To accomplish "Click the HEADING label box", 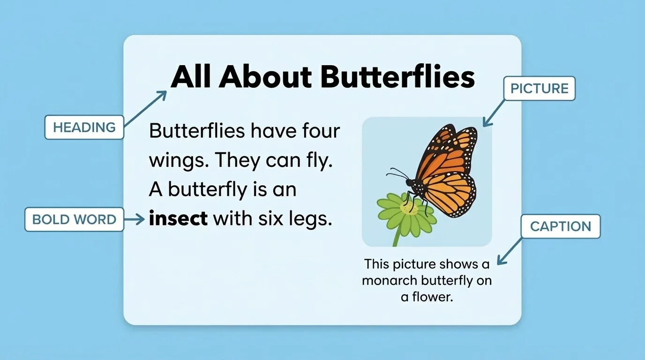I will [84, 127].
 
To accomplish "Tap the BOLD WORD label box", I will [74, 219].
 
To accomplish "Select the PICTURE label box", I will [539, 89].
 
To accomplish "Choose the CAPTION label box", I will [560, 226].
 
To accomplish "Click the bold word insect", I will [178, 218].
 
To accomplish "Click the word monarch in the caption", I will [390, 280].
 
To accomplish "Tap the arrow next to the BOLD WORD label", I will [135, 219].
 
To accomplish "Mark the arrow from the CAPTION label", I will [510, 251].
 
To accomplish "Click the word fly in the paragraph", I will [322, 161].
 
